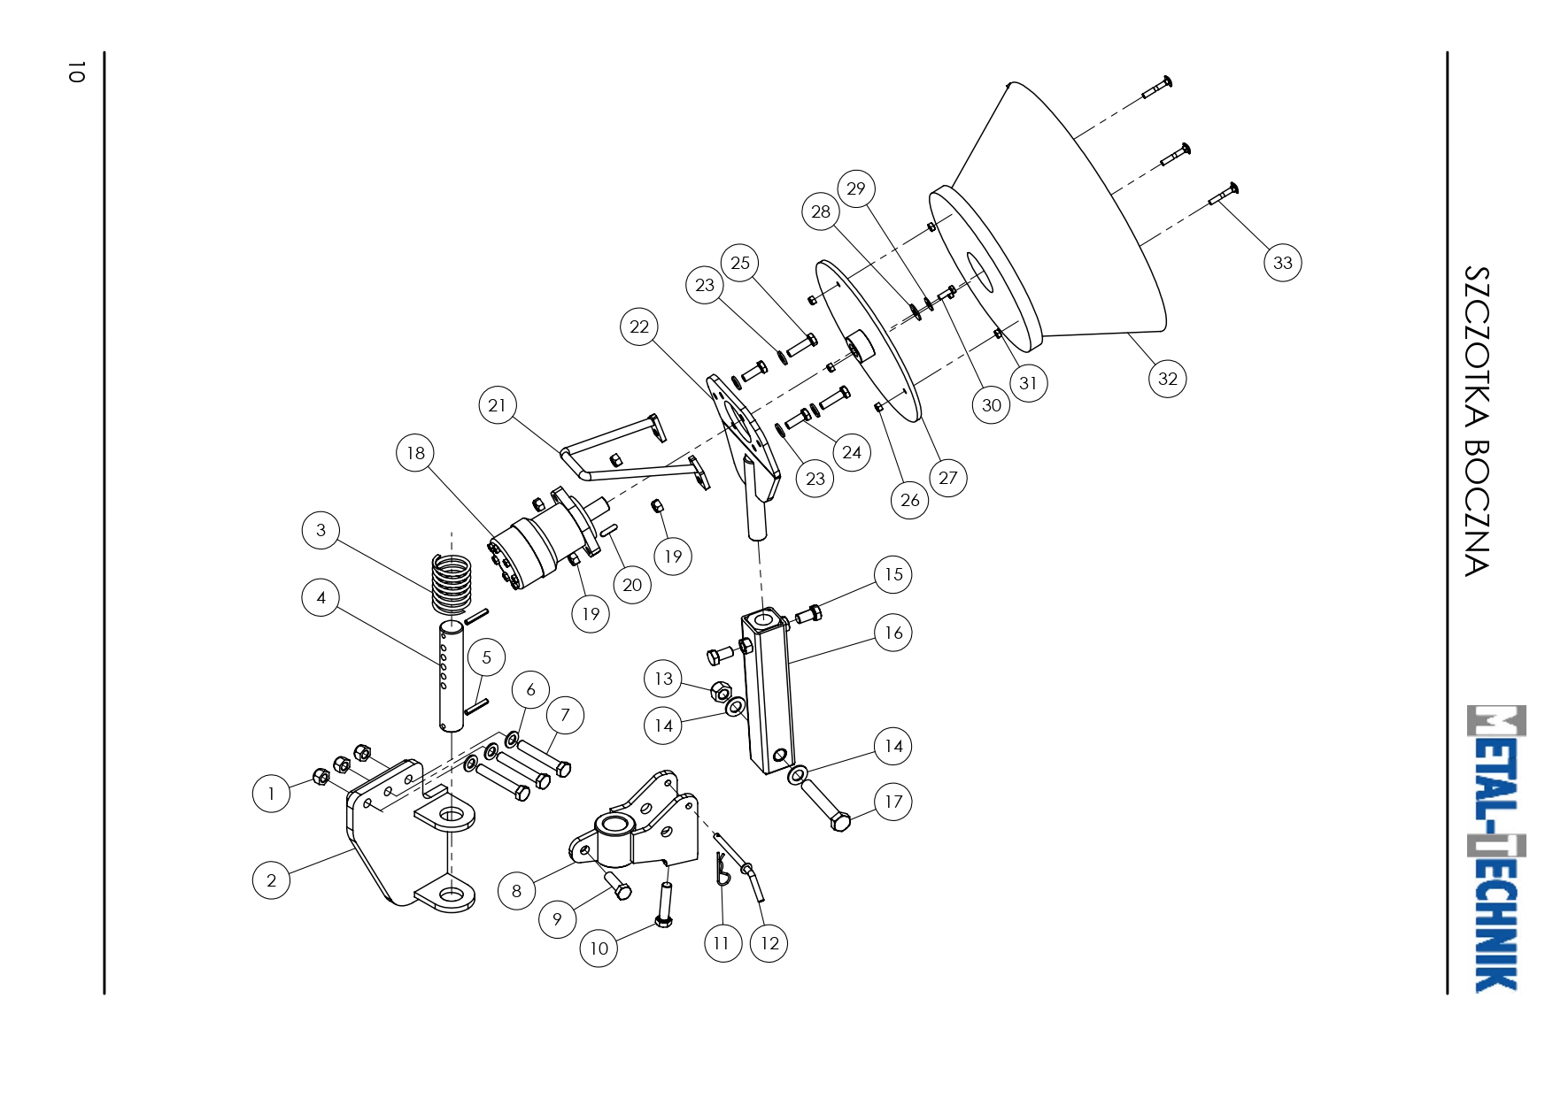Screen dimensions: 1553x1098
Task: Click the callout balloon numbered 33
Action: click(1282, 263)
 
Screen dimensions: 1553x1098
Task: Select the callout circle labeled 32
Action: click(1167, 379)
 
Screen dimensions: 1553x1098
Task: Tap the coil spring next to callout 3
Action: click(452, 584)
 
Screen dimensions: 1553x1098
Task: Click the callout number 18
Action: click(415, 453)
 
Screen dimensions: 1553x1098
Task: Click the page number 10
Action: click(76, 72)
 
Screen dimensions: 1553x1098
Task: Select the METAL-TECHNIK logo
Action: click(1496, 848)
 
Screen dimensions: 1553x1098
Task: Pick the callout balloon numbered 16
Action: click(893, 633)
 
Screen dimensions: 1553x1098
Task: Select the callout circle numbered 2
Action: click(271, 880)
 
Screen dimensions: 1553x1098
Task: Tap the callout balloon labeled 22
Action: click(638, 326)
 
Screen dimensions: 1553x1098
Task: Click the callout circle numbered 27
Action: click(947, 478)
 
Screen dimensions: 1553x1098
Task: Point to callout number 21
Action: click(497, 405)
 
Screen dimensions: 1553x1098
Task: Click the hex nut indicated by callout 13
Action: click(722, 690)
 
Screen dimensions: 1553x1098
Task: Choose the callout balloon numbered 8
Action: click(516, 891)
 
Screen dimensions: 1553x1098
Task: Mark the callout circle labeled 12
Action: click(769, 943)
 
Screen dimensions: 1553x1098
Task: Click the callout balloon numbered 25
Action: click(740, 263)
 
